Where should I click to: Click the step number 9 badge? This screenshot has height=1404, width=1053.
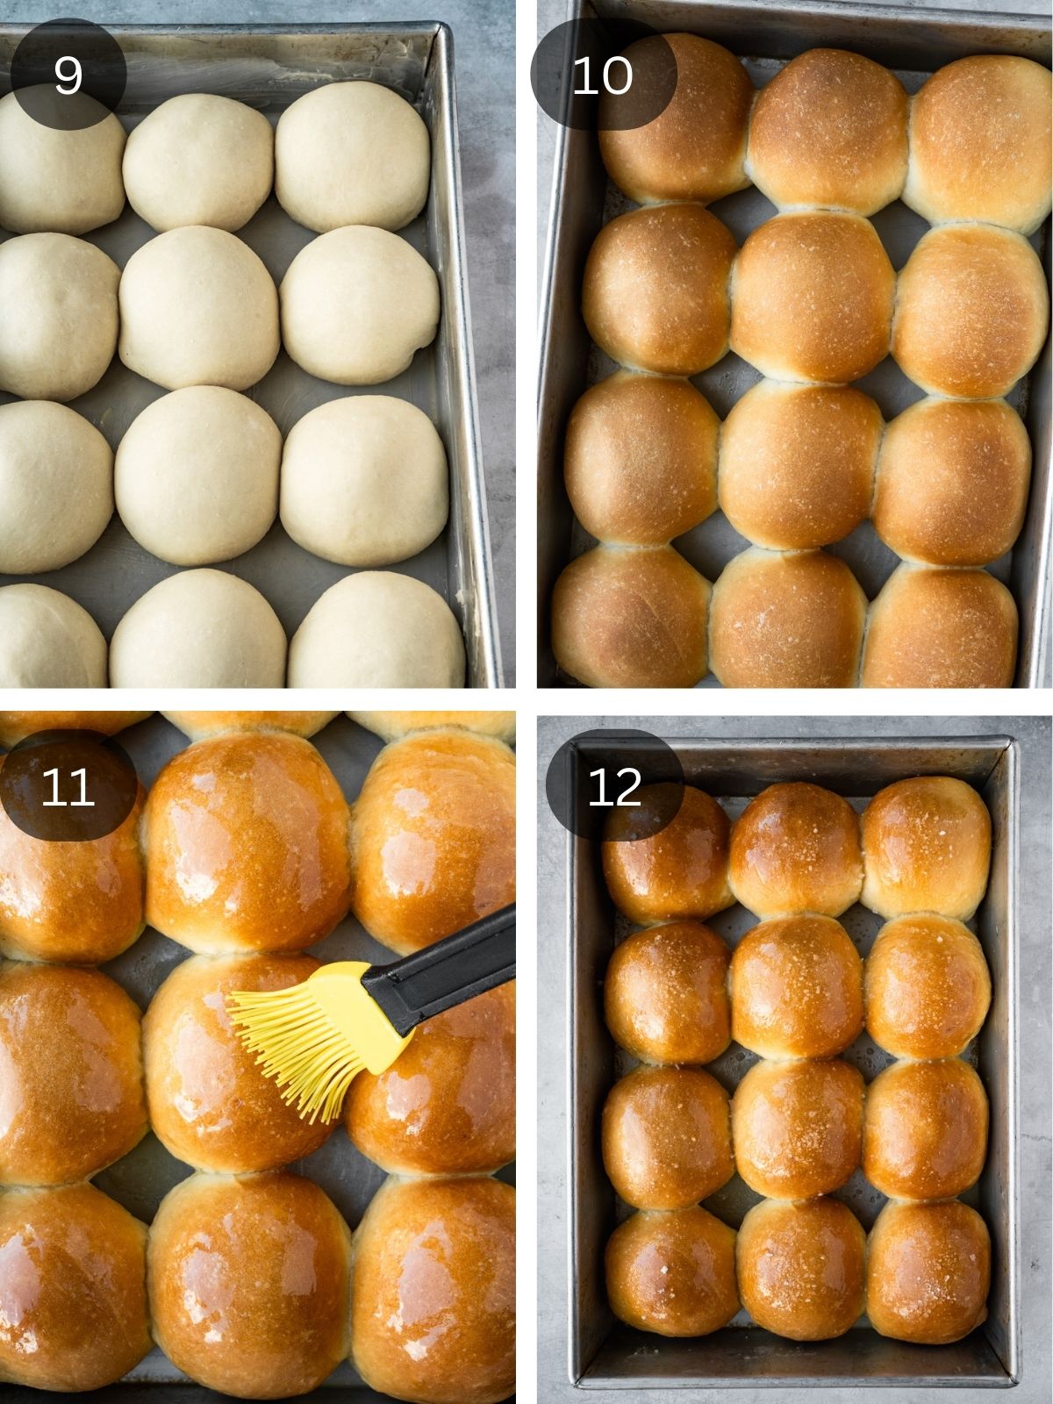(68, 75)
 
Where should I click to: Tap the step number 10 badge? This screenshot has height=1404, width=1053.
(603, 75)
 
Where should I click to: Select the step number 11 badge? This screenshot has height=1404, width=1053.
(68, 785)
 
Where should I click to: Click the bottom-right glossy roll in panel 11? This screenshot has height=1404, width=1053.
(434, 1290)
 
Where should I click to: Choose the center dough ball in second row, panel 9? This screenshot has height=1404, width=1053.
(200, 307)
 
